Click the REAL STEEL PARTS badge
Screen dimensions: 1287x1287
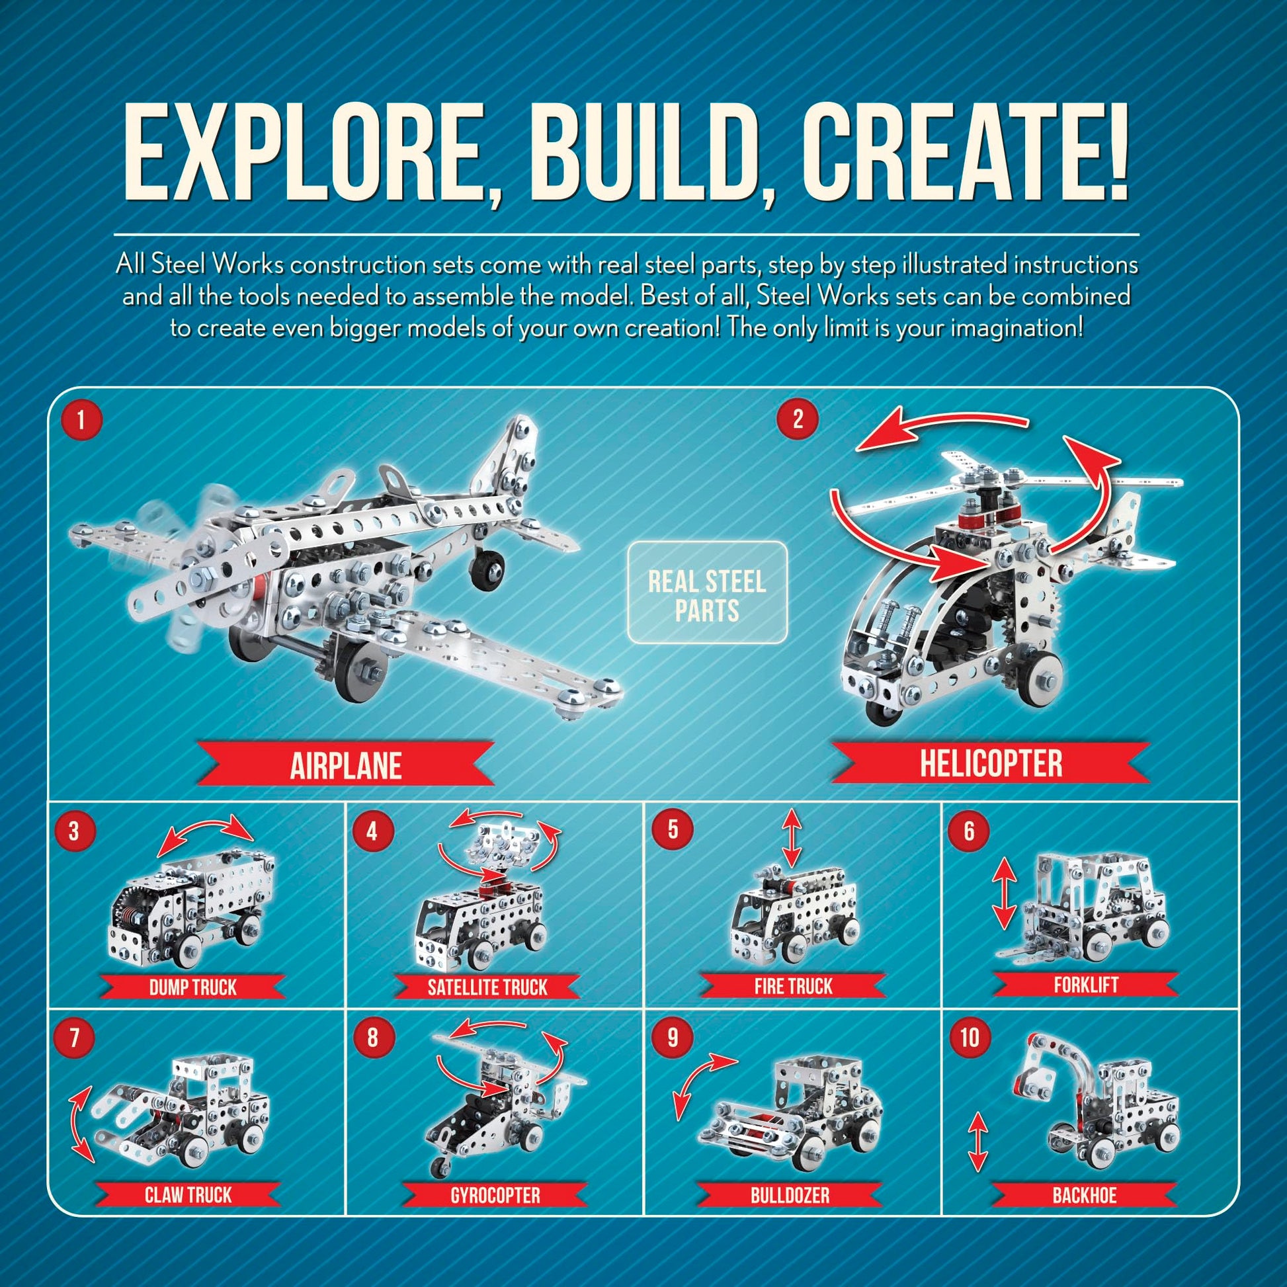coord(708,593)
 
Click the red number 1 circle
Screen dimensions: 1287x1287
coord(81,421)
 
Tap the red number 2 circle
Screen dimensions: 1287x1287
coord(798,419)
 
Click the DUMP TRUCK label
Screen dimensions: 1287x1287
coord(193,987)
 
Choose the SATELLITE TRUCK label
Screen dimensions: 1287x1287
coord(487,987)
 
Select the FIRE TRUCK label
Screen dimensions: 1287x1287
coord(793,985)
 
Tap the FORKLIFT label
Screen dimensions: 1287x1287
coord(1086,984)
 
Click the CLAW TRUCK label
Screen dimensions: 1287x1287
coord(188,1194)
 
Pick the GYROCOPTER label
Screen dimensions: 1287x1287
coord(495,1194)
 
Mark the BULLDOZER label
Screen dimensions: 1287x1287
coord(790,1194)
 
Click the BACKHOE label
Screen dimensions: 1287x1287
coord(1085,1194)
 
